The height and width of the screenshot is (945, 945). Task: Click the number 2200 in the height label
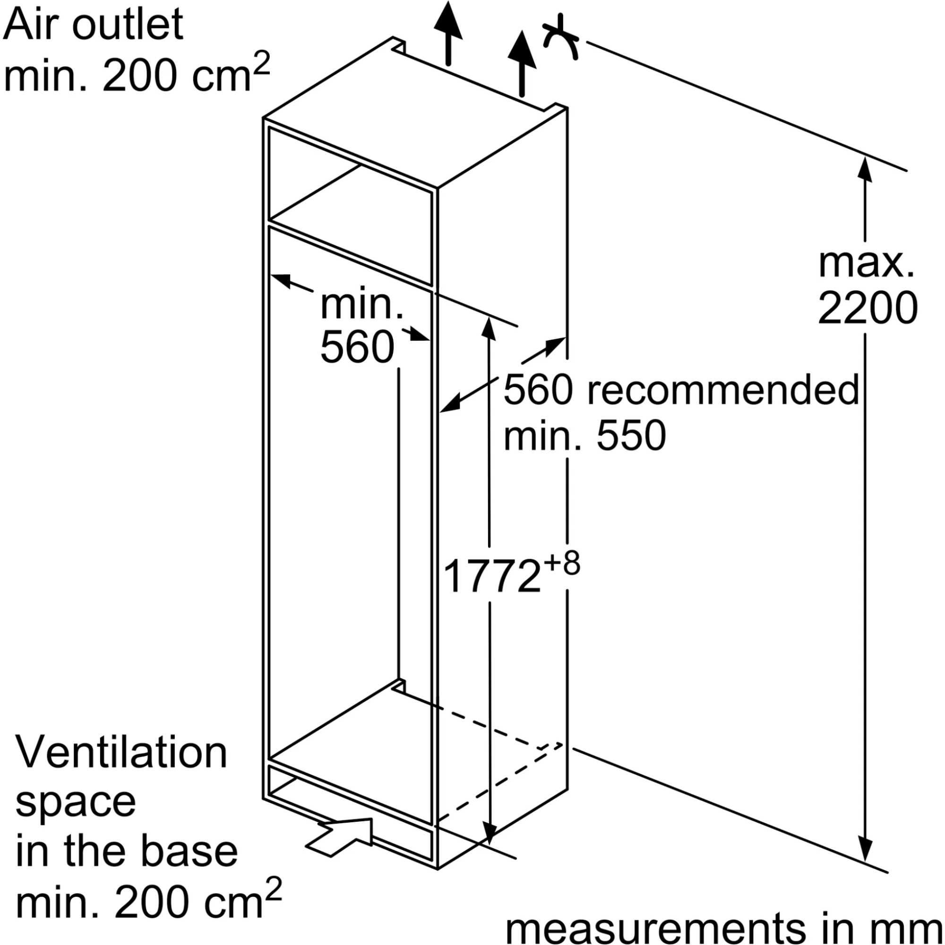867,308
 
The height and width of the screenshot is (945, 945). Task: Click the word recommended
723,390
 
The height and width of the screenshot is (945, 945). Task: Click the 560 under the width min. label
357,347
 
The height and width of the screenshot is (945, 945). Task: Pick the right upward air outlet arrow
522,61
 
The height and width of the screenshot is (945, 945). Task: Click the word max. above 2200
866,264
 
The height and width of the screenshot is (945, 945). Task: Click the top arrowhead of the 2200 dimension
865,169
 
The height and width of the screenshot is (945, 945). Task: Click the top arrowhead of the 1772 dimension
489,328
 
